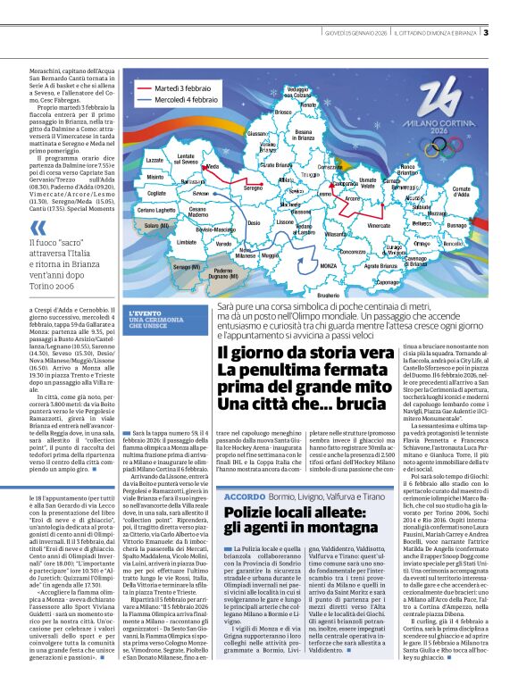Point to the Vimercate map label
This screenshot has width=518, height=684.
pos(379,227)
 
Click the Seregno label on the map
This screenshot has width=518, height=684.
pos(254,188)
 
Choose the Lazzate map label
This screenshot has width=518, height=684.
pos(155,160)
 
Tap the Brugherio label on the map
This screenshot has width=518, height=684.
pos(329,295)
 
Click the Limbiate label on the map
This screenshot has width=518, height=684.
pos(187,242)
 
